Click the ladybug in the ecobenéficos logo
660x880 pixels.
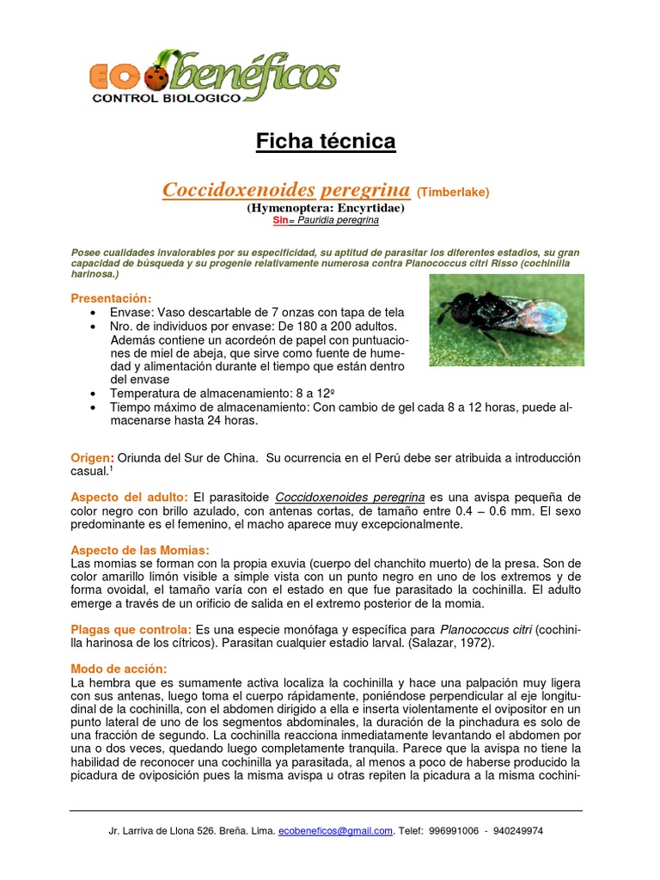point(156,78)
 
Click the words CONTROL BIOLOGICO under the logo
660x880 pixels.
point(167,99)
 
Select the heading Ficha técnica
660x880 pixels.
point(326,142)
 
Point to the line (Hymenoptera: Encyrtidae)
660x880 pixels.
point(326,208)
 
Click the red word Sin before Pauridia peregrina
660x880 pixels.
point(279,221)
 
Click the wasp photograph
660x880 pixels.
point(506,320)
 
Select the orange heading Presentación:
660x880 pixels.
point(111,297)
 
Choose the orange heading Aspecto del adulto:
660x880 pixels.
point(129,497)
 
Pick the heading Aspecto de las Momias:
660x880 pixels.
point(139,550)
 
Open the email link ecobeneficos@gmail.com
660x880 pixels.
point(336,831)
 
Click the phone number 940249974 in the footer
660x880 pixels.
point(513,831)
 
